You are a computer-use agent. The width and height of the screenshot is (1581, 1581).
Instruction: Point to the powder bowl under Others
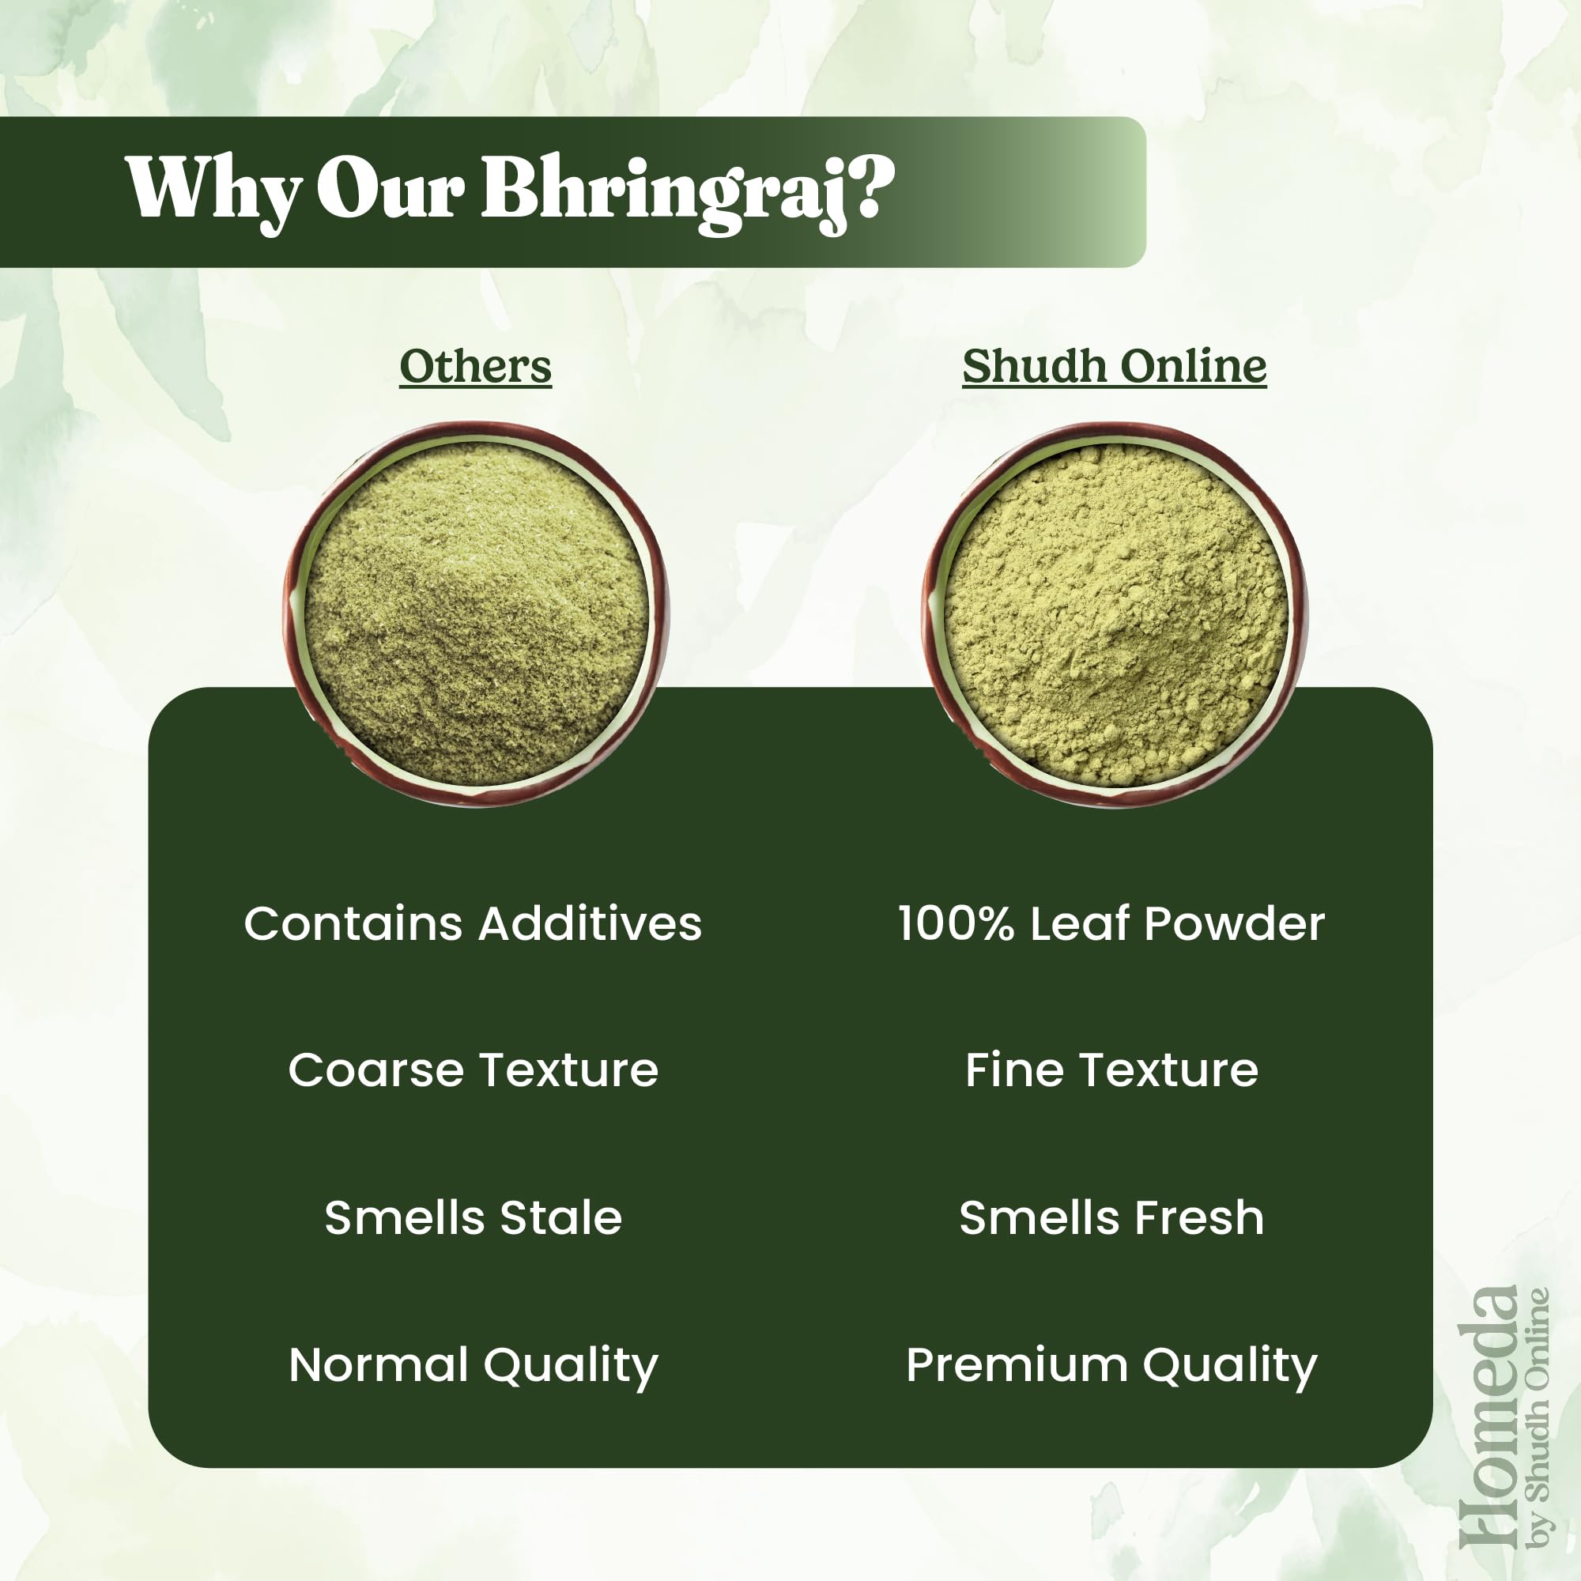(476, 613)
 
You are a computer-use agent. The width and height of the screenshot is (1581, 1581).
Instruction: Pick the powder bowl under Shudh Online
(1115, 613)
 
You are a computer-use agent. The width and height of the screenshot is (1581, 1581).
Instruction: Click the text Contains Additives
(473, 924)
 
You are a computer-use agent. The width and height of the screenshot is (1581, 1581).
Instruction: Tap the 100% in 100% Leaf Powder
(956, 924)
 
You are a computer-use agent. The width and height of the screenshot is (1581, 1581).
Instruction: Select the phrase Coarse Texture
(473, 1070)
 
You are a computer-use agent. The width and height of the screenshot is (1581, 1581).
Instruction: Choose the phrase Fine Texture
(1111, 1070)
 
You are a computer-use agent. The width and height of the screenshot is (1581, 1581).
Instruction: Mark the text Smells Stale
(473, 1217)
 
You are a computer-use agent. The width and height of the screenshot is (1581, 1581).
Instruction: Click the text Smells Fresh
(1111, 1217)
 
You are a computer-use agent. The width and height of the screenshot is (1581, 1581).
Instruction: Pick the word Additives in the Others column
(590, 924)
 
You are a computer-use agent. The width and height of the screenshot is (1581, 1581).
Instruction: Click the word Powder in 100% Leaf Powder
(1234, 924)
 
